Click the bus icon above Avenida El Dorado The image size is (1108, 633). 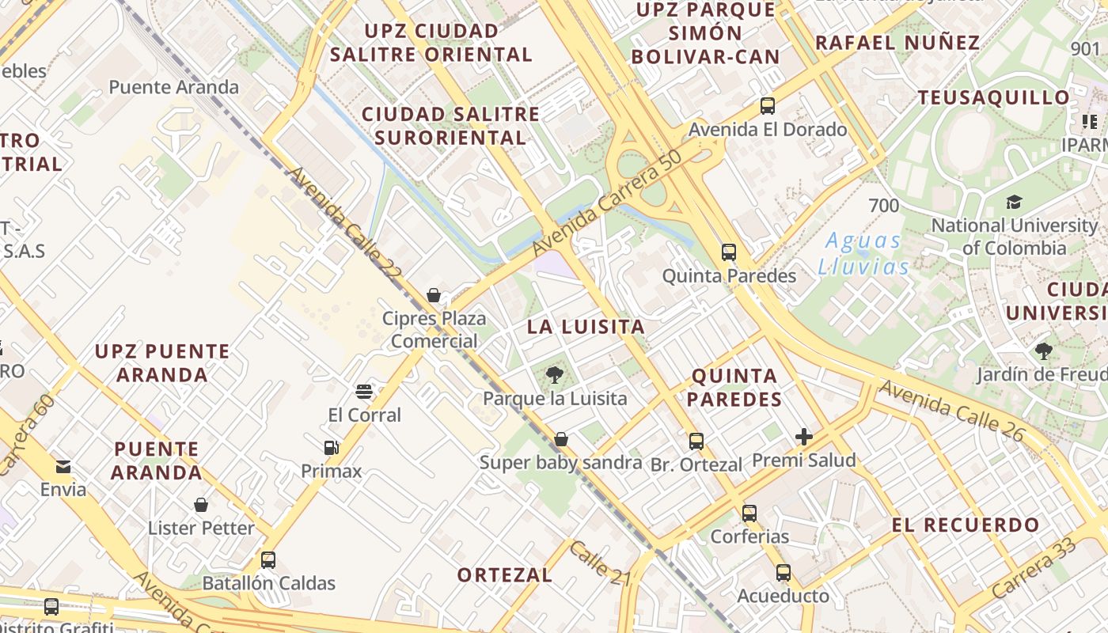[767, 105]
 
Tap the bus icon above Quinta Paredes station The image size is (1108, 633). [729, 252]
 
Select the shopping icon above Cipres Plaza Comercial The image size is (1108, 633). [434, 295]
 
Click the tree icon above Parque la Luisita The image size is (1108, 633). [555, 375]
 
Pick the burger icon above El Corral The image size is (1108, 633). [364, 391]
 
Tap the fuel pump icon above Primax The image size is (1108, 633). [332, 448]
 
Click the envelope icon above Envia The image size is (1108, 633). [63, 466]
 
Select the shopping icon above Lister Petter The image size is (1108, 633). [201, 505]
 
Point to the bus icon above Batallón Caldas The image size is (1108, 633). [268, 560]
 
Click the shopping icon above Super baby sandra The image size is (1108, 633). [561, 438]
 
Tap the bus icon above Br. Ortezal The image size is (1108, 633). [696, 442]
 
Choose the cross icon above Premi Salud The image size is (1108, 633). [804, 436]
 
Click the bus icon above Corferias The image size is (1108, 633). [749, 514]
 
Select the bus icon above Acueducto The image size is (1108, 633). [784, 572]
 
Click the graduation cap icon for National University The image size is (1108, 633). [1014, 202]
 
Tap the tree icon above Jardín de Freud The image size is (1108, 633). [1043, 351]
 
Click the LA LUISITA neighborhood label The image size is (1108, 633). [586, 327]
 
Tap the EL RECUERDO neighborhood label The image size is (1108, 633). [966, 525]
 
